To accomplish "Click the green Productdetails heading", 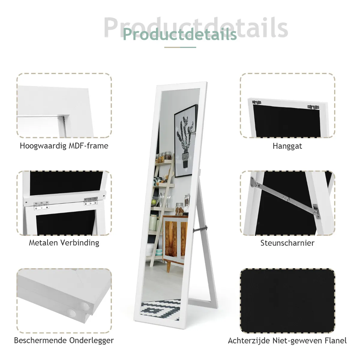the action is pyautogui.click(x=180, y=34).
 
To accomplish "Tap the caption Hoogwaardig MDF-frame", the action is pyautogui.click(x=64, y=146).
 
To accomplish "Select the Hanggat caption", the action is pyautogui.click(x=287, y=146).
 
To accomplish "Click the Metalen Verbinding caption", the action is pyautogui.click(x=64, y=243).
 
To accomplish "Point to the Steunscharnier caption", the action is pyautogui.click(x=287, y=243).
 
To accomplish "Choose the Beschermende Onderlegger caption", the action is pyautogui.click(x=64, y=340).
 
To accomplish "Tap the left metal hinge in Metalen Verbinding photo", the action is pyautogui.click(x=41, y=205).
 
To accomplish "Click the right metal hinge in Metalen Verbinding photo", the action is pyautogui.click(x=91, y=201).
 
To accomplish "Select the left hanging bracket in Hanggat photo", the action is pyautogui.click(x=257, y=102).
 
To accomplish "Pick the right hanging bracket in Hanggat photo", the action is pyautogui.click(x=313, y=107).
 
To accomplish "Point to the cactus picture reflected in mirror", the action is pyautogui.click(x=185, y=141).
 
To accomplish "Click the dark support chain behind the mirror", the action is pyautogui.click(x=200, y=229).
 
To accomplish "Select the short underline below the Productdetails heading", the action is pyautogui.click(x=180, y=47).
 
